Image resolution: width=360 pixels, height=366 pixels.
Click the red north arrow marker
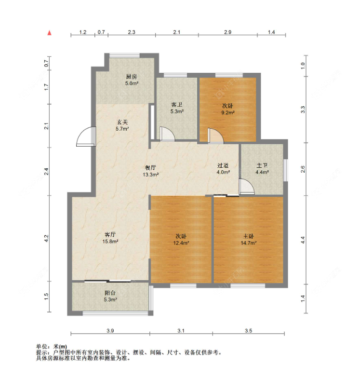click(x=49, y=33)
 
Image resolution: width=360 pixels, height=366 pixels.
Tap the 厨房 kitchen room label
click(x=132, y=77)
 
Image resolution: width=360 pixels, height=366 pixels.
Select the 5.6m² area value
click(x=132, y=83)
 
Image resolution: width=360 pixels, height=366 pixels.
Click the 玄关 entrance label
click(x=122, y=122)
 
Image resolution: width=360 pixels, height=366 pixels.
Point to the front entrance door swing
click(x=86, y=136)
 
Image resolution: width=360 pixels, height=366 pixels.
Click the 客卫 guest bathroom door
click(x=167, y=134)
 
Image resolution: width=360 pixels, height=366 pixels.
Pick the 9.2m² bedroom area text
click(x=228, y=112)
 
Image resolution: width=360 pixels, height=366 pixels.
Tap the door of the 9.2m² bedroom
click(x=215, y=136)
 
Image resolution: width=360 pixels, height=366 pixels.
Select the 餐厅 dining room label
click(x=150, y=168)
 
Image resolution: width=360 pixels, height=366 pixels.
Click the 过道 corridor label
click(x=223, y=165)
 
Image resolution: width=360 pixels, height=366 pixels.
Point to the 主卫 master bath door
click(x=246, y=186)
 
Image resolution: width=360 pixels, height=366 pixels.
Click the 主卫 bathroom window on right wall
click(x=286, y=170)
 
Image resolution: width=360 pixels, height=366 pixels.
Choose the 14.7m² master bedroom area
click(x=249, y=243)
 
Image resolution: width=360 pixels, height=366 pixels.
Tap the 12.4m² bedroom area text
click(x=181, y=243)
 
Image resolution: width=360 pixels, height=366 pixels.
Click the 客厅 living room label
click(x=110, y=234)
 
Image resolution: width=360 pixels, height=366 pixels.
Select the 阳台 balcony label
click(x=110, y=293)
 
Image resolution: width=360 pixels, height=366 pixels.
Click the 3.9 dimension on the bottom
click(x=110, y=330)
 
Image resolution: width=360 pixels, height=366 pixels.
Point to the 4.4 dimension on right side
click(x=303, y=240)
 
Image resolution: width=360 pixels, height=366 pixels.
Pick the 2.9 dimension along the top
click(x=228, y=32)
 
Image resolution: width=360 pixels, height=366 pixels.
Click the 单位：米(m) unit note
click(x=52, y=347)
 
